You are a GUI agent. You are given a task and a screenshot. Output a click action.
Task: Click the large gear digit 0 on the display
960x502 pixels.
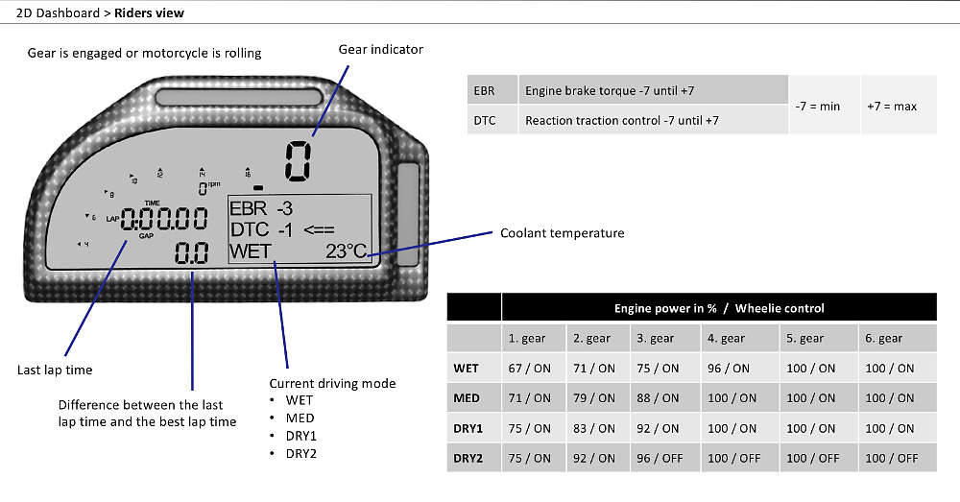(299, 161)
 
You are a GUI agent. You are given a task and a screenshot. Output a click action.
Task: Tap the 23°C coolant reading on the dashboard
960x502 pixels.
(346, 251)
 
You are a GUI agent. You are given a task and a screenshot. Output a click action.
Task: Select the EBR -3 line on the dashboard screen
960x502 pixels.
(261, 208)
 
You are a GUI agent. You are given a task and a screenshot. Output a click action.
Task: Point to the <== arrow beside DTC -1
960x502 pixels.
(319, 230)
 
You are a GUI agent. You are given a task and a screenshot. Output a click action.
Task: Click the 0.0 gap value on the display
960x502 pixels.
(192, 252)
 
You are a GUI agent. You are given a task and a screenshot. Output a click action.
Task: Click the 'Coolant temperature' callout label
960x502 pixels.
(562, 233)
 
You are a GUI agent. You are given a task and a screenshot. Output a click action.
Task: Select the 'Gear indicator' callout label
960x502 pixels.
(381, 50)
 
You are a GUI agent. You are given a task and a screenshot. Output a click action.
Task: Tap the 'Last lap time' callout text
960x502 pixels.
(55, 370)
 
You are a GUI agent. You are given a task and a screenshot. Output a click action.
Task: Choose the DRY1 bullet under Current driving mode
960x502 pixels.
(300, 436)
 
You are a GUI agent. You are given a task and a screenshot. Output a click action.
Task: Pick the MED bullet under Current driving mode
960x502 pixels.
(300, 418)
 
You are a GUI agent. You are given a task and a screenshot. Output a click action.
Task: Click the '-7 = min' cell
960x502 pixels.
(817, 106)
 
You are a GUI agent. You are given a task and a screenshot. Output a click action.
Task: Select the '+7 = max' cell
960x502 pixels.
(892, 106)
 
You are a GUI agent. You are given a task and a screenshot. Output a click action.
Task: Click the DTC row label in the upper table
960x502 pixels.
(485, 121)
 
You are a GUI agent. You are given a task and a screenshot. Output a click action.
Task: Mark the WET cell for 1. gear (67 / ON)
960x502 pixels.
(530, 369)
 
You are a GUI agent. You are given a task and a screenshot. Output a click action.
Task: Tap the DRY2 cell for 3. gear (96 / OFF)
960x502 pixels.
(660, 459)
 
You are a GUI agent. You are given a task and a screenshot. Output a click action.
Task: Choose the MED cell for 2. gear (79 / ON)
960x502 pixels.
(594, 398)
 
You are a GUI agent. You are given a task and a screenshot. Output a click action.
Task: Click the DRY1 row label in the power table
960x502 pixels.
(468, 428)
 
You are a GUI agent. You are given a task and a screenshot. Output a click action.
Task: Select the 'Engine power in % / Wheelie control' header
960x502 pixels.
(719, 308)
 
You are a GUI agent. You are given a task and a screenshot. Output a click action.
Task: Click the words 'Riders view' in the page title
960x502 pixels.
(150, 12)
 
